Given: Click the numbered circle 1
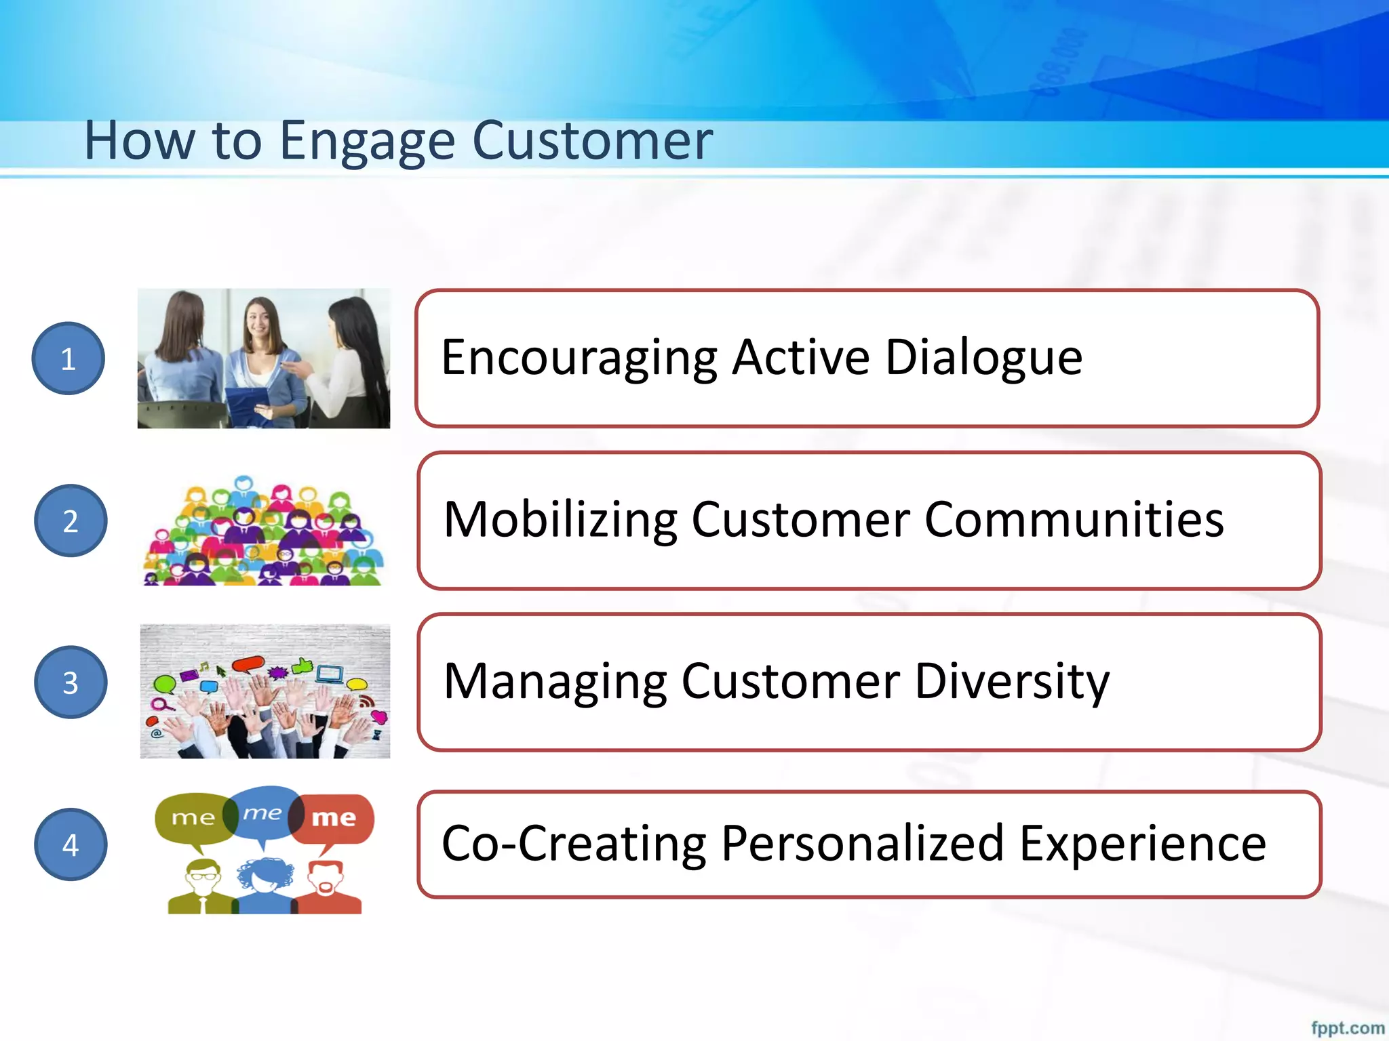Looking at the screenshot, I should (x=68, y=358).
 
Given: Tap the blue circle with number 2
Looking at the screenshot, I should (x=71, y=520).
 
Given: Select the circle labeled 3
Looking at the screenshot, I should (x=71, y=682).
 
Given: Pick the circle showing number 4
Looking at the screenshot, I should (x=71, y=844).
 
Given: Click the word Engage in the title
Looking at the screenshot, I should (x=367, y=141).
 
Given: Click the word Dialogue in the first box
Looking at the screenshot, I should (x=983, y=358).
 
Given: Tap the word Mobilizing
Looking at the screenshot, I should (x=560, y=520).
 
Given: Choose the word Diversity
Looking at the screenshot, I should (x=1012, y=682).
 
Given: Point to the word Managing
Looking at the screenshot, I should (x=555, y=682).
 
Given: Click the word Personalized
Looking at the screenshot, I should (x=862, y=844).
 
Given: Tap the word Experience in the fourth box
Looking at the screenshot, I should (x=1142, y=844).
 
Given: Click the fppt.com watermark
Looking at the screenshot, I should (x=1347, y=1027).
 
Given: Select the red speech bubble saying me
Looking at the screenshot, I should (x=335, y=818).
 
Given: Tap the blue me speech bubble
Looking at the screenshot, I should (x=263, y=811).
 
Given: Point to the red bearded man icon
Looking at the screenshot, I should (x=327, y=887).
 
